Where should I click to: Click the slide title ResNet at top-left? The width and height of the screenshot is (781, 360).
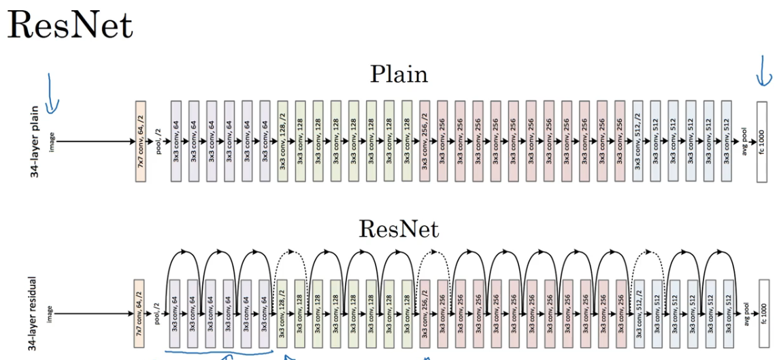[70, 25]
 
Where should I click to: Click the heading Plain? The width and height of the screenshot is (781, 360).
[399, 73]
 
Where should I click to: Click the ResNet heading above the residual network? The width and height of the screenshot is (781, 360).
[399, 229]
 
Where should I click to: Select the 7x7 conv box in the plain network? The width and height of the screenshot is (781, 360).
[141, 142]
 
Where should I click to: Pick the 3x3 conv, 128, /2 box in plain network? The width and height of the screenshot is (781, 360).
[283, 142]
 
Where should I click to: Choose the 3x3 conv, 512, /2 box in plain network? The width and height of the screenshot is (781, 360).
[637, 142]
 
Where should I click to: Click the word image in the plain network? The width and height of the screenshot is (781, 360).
[52, 142]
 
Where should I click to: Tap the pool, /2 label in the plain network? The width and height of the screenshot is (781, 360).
[159, 142]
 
